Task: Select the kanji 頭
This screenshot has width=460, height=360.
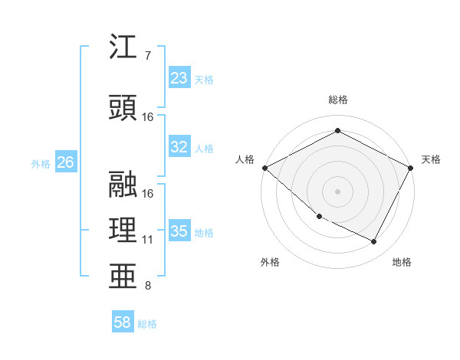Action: coord(124,108)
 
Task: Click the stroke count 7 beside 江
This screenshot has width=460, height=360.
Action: coord(147,56)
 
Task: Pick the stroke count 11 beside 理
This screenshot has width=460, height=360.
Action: coord(148,240)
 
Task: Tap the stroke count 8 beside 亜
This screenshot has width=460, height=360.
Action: coord(147,286)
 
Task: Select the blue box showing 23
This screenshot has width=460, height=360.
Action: coord(179,78)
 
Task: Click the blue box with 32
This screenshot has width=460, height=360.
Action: coord(179,148)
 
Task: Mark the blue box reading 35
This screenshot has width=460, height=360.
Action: coord(179,231)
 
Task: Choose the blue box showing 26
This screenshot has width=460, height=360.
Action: coord(66,162)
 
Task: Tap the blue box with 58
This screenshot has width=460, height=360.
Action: coord(123,323)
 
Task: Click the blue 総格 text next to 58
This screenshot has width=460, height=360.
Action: coord(147,324)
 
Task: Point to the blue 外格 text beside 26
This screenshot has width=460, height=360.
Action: coord(41,163)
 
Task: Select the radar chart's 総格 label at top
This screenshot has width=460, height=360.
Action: coord(338,100)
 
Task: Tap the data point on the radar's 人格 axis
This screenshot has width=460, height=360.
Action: coord(264,168)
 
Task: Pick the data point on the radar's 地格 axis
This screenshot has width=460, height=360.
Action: coord(374,242)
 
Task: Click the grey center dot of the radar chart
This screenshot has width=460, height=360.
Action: coord(338,191)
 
